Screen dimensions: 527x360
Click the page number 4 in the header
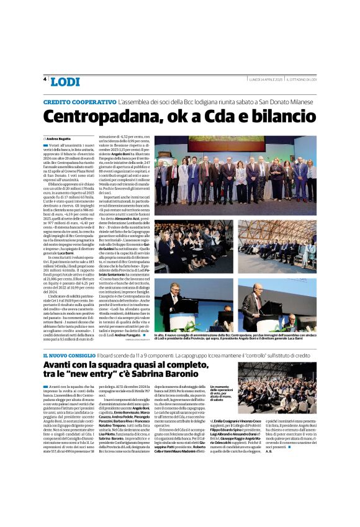[45, 79]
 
